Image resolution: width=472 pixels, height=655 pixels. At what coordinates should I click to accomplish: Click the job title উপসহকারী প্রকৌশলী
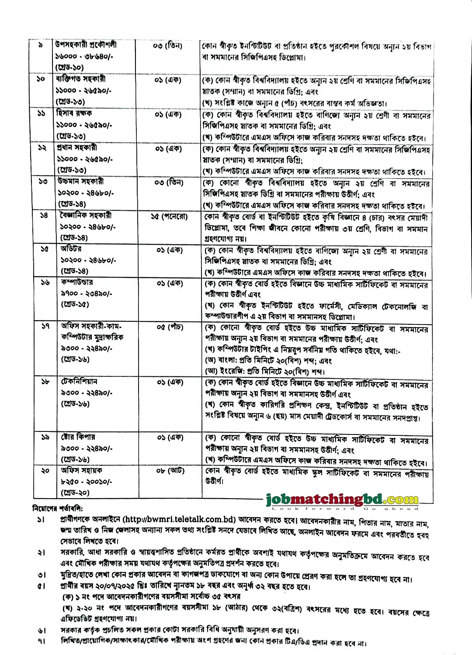click(x=86, y=45)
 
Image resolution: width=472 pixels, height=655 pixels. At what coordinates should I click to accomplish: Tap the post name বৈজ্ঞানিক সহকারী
click(x=85, y=215)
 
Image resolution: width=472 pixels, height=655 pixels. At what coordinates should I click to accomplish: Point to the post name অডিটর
click(x=71, y=248)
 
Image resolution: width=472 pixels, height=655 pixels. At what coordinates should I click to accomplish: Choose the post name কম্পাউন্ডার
click(x=77, y=282)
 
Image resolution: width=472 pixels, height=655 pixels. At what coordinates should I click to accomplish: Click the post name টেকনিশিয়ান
click(x=79, y=381)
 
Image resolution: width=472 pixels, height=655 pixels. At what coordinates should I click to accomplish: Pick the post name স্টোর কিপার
click(x=78, y=437)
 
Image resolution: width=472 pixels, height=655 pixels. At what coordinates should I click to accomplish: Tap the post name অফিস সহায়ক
click(x=81, y=470)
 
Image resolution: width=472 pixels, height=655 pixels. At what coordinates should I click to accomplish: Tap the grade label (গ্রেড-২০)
click(x=75, y=493)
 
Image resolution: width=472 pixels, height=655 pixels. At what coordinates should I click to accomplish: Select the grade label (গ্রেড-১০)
click(x=69, y=67)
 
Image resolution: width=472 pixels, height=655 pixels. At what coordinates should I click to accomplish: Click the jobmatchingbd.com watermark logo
click(x=342, y=499)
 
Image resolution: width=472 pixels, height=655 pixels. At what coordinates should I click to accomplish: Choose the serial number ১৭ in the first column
click(x=45, y=326)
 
